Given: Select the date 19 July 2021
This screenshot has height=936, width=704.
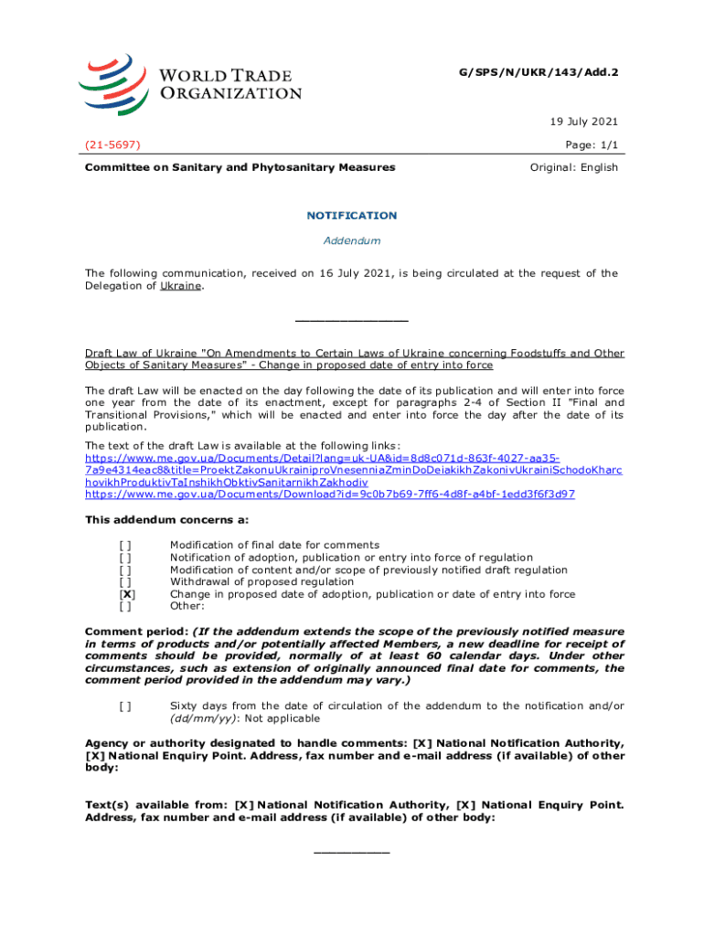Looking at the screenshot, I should [583, 121].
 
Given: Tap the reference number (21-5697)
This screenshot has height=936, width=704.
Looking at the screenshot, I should [113, 144].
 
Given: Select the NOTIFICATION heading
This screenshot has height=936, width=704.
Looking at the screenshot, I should [352, 216].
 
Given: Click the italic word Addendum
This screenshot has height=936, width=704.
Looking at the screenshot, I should [352, 240].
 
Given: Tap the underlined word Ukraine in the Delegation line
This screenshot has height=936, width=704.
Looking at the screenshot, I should [182, 286].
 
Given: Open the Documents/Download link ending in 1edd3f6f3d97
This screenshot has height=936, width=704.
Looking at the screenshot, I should [329, 494].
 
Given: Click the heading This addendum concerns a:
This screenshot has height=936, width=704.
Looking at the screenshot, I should [166, 520].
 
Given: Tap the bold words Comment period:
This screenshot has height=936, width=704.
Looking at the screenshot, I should [137, 632].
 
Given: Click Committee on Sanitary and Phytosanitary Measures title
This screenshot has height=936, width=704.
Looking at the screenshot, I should [240, 167].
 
